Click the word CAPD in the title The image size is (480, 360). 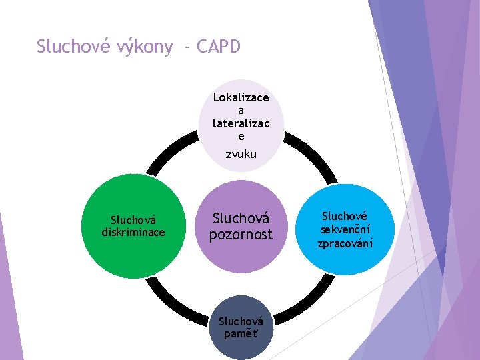pyautogui.click(x=219, y=47)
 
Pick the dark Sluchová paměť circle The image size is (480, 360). pyautogui.click(x=241, y=327)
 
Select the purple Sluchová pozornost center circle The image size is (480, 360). pyautogui.click(x=241, y=226)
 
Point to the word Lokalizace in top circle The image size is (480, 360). pyautogui.click(x=241, y=97)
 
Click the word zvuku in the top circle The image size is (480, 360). pyautogui.click(x=241, y=154)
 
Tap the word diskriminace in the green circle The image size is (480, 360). pyautogui.click(x=133, y=232)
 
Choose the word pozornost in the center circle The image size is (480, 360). pyautogui.click(x=241, y=234)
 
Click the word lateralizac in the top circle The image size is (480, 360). pyautogui.click(x=241, y=123)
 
